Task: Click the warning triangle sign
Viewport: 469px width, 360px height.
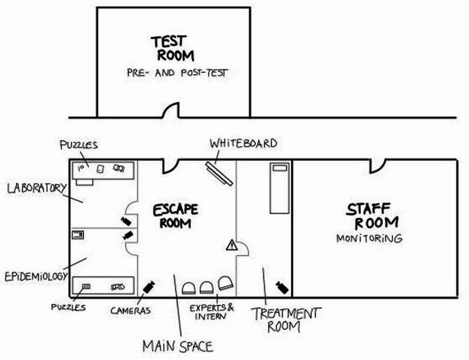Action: pos(231,245)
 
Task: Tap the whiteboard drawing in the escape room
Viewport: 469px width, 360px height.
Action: pos(219,174)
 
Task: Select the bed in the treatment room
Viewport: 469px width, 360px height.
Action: pos(280,188)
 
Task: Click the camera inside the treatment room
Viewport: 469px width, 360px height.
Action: pos(282,287)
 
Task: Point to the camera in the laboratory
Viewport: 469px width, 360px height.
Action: pos(126,221)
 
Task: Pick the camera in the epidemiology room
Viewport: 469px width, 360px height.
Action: pos(128,235)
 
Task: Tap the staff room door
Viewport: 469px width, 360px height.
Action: pos(377,166)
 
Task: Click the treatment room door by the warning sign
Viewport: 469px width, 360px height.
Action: pos(243,249)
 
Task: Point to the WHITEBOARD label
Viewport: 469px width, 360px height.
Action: pos(243,144)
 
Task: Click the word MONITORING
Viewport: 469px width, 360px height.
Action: pos(369,238)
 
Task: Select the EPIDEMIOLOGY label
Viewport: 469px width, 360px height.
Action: pos(36,276)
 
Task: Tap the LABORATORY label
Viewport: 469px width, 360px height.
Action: pos(36,188)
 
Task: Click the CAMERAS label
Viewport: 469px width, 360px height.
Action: pos(130,311)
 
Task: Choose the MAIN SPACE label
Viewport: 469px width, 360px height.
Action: pos(177,347)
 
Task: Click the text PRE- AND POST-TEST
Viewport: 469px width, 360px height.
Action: pos(177,73)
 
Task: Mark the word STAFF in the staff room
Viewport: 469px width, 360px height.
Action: pos(369,209)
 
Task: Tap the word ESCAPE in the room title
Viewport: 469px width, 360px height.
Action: pos(175,209)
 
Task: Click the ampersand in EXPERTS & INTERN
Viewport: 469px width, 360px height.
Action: pos(231,307)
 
